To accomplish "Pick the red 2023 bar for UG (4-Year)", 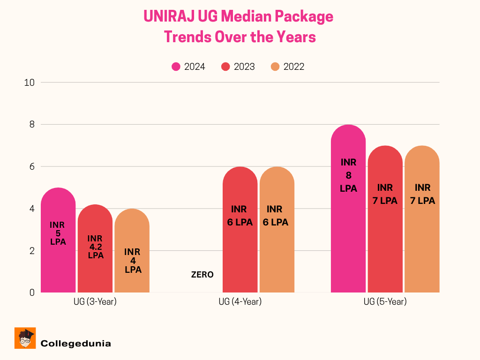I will (240, 253).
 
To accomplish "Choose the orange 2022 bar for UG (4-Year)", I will (277, 253).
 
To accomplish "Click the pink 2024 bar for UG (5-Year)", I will (348, 234).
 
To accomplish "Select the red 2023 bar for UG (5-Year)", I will (385, 244).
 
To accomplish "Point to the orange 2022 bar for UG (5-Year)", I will (422, 244).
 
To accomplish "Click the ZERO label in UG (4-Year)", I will (202, 275).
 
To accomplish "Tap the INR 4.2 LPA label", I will (95, 247).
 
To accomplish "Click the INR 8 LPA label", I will (349, 175).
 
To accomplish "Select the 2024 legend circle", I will (176, 67).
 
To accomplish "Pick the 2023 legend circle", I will (226, 67).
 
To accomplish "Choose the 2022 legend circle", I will (275, 67).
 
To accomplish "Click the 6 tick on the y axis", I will (31, 166).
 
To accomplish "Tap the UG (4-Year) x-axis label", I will (240, 302).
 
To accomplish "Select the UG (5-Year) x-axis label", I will (385, 302).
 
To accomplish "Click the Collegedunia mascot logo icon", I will (25, 338).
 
